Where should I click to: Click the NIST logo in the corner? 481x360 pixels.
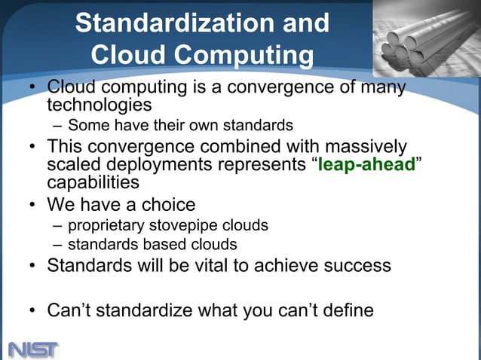click(33, 349)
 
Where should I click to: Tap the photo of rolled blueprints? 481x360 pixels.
click(426, 38)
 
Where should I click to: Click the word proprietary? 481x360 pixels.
click(105, 225)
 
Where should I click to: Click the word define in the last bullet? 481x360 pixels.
click(345, 310)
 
